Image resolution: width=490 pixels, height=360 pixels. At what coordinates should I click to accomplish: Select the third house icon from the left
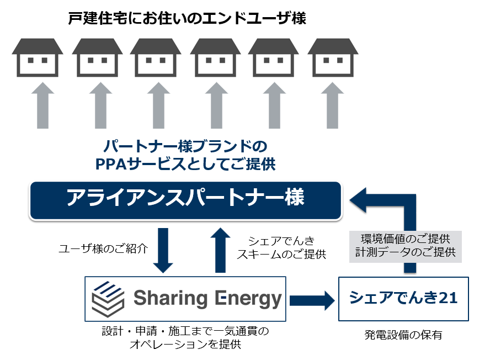[x=156, y=57]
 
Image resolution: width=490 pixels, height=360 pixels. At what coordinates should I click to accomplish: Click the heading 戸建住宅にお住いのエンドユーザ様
[x=187, y=18]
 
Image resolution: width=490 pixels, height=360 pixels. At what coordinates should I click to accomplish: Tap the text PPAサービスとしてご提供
[x=185, y=164]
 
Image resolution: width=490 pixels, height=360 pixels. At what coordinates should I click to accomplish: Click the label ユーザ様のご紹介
[x=104, y=248]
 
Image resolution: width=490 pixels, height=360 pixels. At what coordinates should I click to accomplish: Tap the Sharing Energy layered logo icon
[x=109, y=299]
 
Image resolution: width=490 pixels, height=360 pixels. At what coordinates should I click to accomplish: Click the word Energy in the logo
[x=247, y=299]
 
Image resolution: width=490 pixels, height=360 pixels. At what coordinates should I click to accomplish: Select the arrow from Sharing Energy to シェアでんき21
[x=312, y=300]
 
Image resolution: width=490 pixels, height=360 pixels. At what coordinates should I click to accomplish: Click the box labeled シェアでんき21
[x=403, y=299]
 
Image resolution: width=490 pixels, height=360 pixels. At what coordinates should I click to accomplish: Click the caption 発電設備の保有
[x=403, y=335]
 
